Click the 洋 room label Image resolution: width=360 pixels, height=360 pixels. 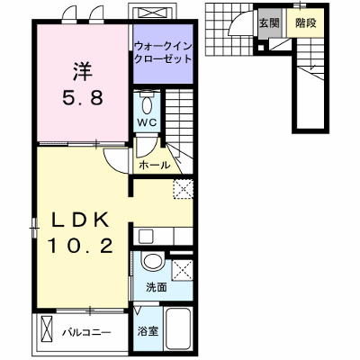(x=83, y=71)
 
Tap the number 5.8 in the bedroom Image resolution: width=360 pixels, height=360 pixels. (x=83, y=97)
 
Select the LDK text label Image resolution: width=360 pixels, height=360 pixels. (x=80, y=220)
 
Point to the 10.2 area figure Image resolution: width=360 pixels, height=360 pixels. (x=80, y=246)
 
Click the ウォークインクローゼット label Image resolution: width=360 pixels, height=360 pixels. (x=163, y=52)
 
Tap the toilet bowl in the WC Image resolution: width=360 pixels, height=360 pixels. (x=147, y=103)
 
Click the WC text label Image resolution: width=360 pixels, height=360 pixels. (x=147, y=122)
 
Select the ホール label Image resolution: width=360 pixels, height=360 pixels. (x=154, y=165)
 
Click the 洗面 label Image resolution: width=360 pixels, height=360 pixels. (x=157, y=287)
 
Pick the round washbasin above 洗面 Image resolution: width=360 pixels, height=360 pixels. (x=153, y=262)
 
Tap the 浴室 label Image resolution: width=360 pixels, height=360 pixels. (x=148, y=331)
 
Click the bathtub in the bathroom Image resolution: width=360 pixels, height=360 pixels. (x=178, y=328)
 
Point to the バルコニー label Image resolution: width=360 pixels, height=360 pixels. (x=86, y=332)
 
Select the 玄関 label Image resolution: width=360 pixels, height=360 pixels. (x=269, y=22)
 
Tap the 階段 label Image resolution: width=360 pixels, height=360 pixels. (x=306, y=22)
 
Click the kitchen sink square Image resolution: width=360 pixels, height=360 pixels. (x=146, y=236)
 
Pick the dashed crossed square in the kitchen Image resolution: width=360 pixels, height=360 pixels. (x=183, y=189)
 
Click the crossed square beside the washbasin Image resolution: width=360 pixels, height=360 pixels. (x=182, y=270)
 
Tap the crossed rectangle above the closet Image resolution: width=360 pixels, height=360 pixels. (x=150, y=13)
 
